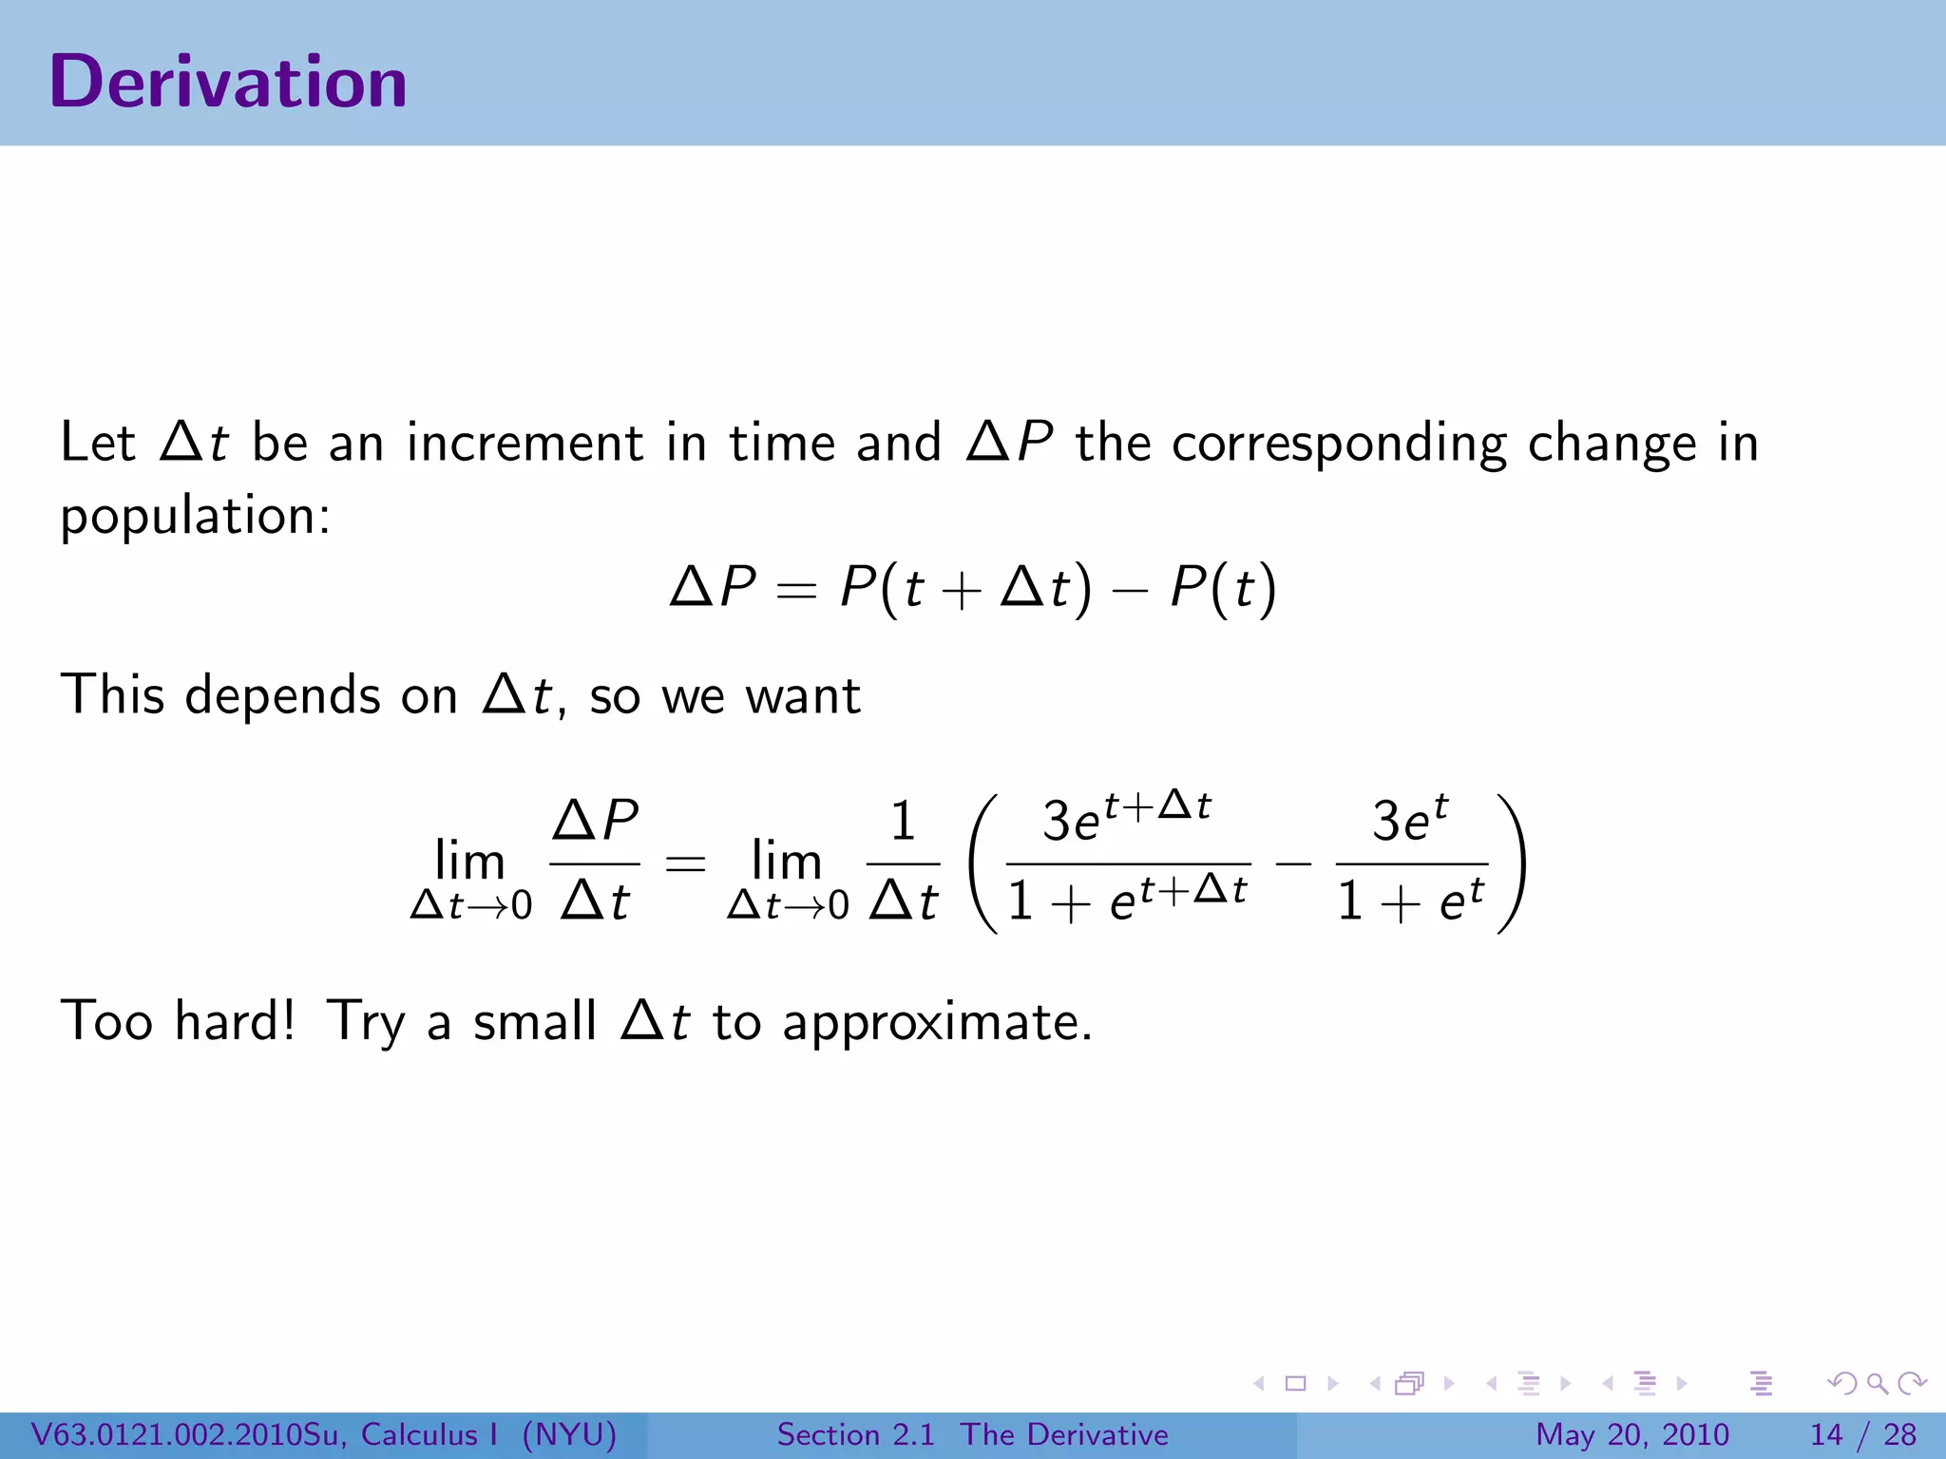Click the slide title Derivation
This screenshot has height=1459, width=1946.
pos(228,82)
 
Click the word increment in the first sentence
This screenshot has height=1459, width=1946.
pos(525,443)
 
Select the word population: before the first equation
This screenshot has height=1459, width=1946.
pos(195,517)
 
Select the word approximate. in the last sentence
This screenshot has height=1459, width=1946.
pos(937,1023)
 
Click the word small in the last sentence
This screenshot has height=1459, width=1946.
pos(535,1021)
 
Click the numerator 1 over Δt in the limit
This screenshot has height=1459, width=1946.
pos(903,822)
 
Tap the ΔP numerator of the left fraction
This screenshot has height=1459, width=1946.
pos(595,820)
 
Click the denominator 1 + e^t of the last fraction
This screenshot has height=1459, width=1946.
pos(1410,900)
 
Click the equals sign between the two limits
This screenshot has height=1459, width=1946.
pos(685,863)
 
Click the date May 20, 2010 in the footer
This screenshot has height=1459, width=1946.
pos(1631,1434)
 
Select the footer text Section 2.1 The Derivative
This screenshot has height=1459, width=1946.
pos(972,1434)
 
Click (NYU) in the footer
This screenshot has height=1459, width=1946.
pos(569,1434)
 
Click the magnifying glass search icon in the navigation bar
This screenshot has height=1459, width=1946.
pos(1877,1383)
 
